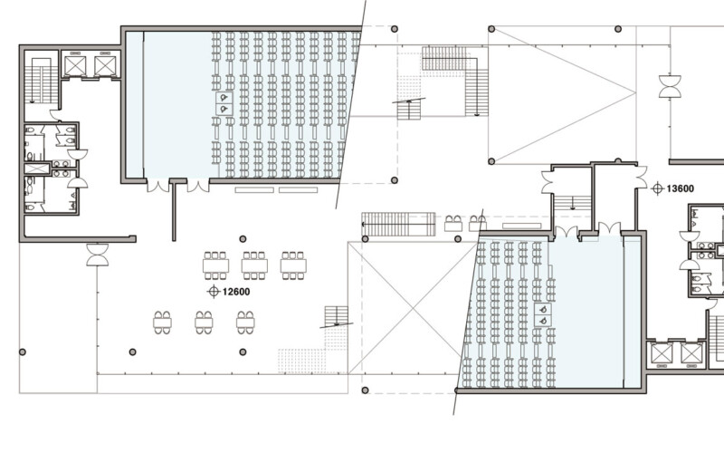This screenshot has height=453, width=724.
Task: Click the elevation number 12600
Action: (237, 291)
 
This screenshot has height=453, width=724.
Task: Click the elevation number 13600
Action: (681, 188)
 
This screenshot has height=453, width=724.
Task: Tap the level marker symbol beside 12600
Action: (214, 291)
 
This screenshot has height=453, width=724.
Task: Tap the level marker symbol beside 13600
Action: (657, 188)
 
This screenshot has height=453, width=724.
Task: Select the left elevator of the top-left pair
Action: (74, 65)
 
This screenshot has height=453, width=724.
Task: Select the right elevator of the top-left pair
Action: (105, 65)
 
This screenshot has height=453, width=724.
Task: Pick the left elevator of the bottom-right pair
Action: (661, 353)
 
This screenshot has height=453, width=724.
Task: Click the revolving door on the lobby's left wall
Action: (97, 255)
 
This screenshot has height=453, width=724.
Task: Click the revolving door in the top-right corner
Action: (671, 87)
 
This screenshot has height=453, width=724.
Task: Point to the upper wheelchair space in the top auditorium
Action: (223, 96)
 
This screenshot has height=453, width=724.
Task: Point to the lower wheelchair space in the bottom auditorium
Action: (544, 319)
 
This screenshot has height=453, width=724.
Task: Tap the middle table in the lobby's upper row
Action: (254, 265)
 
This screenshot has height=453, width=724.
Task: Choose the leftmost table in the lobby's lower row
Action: (163, 321)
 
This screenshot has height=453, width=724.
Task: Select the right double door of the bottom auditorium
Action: (609, 230)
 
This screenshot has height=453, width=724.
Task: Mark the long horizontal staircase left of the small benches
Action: (398, 224)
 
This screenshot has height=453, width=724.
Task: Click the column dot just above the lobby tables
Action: (243, 238)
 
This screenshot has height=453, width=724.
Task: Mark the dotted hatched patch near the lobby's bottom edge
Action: (304, 359)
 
